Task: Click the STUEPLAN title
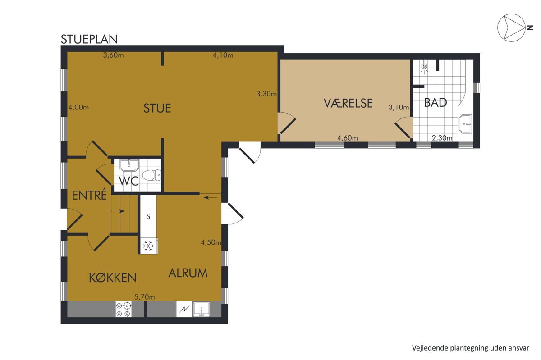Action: (89, 39)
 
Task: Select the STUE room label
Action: (157, 108)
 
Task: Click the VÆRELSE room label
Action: (348, 103)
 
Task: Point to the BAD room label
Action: (436, 103)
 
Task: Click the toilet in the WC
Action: (151, 175)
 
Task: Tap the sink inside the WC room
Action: (129, 165)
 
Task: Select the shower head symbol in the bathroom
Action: (424, 68)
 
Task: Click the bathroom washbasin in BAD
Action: (466, 123)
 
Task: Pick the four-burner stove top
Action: (124, 310)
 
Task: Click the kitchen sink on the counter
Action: (202, 309)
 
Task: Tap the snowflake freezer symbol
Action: (148, 246)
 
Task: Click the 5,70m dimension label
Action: (145, 297)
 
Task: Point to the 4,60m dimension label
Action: (348, 138)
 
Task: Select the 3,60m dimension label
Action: (114, 55)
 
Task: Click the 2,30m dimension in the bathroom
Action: (442, 138)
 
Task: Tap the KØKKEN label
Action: (113, 278)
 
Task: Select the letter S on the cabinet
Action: (148, 216)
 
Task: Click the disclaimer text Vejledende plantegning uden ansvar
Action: (471, 348)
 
